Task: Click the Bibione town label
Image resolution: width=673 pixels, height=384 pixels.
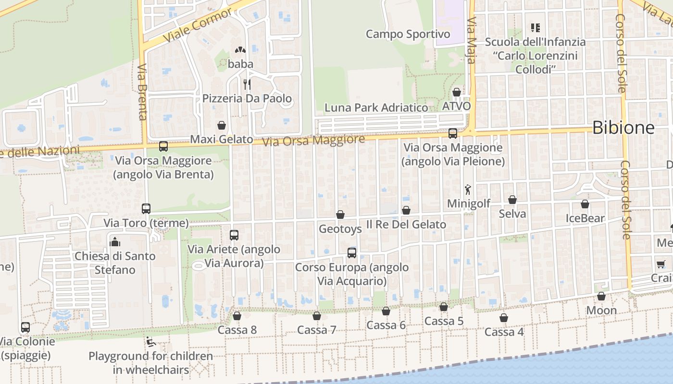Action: tap(623, 128)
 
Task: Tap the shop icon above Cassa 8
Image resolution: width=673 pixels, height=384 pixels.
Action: tap(237, 316)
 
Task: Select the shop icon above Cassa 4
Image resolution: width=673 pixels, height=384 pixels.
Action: tap(504, 318)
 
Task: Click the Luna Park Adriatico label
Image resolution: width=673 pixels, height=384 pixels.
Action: tap(376, 108)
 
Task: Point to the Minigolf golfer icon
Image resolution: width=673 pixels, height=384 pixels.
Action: tap(468, 190)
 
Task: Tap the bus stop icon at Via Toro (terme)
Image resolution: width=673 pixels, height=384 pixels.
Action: tap(146, 209)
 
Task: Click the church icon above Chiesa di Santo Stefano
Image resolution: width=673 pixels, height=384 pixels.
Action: tap(115, 242)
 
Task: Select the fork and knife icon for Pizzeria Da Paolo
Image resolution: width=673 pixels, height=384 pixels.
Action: tap(247, 84)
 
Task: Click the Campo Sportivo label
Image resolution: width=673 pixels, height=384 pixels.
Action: tap(408, 34)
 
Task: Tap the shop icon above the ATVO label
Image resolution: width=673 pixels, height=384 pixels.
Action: tap(457, 92)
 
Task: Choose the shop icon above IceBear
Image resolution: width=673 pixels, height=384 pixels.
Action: tap(585, 204)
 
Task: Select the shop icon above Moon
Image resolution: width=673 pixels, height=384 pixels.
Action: tap(601, 297)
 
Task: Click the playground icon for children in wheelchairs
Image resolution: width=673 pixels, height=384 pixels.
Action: tap(151, 342)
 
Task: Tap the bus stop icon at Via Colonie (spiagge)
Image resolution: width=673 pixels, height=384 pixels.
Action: tap(25, 327)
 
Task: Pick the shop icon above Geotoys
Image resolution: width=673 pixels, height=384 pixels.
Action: tap(340, 215)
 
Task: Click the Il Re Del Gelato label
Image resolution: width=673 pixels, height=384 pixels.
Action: tap(406, 224)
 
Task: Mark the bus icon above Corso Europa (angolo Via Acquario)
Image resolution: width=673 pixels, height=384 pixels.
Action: tap(352, 253)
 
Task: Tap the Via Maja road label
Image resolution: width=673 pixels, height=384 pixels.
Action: tap(471, 41)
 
